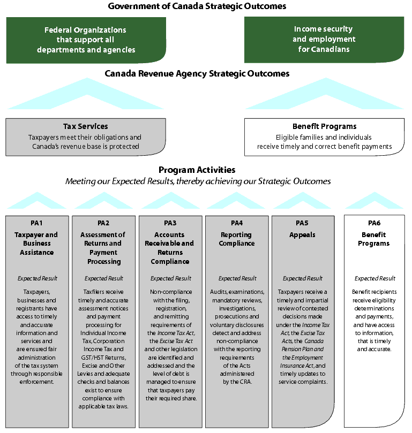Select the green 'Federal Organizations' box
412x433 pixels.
click(x=85, y=40)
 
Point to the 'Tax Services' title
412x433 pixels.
click(x=85, y=126)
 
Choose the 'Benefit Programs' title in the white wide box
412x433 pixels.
click(x=324, y=126)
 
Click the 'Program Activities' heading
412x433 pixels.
click(x=197, y=170)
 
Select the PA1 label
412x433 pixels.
click(x=37, y=223)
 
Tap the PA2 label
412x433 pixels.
click(x=103, y=223)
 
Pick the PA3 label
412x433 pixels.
click(x=170, y=223)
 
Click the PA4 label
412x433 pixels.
click(x=237, y=223)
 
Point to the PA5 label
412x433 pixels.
click(x=303, y=223)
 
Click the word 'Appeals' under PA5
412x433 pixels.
click(x=303, y=234)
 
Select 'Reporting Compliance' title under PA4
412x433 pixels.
click(x=237, y=239)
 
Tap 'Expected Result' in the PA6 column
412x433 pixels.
click(x=375, y=278)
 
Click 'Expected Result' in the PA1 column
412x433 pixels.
click(x=37, y=278)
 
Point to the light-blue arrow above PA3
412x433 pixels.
click(x=170, y=202)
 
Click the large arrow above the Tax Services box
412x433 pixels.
click(x=85, y=95)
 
